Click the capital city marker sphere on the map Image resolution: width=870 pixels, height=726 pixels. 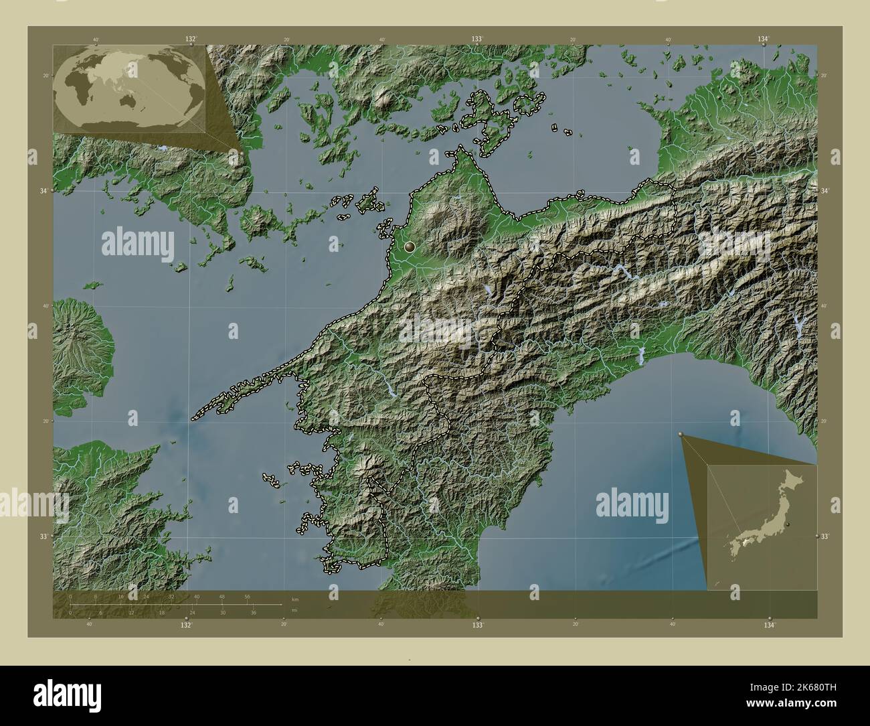tap(410, 247)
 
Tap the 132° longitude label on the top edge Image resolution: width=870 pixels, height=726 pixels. tap(191, 39)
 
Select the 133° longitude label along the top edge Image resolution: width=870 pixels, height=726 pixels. tap(477, 39)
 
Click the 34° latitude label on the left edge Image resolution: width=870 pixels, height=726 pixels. tap(43, 192)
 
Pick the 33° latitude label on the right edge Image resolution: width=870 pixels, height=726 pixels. tap(824, 536)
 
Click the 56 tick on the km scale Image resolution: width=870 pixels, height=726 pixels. tap(247, 596)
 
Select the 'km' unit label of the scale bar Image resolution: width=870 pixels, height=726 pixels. tap(295, 599)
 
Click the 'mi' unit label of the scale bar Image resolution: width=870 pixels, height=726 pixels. tap(294, 609)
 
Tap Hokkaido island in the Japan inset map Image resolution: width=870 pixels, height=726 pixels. tap(793, 479)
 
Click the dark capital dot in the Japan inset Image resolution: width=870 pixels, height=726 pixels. tap(788, 524)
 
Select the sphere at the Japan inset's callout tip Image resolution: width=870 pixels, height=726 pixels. tap(681, 435)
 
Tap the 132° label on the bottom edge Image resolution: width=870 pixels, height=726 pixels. tap(186, 624)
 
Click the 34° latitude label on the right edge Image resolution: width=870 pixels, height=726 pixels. tap(824, 192)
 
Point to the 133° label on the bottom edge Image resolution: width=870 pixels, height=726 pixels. tap(477, 624)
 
